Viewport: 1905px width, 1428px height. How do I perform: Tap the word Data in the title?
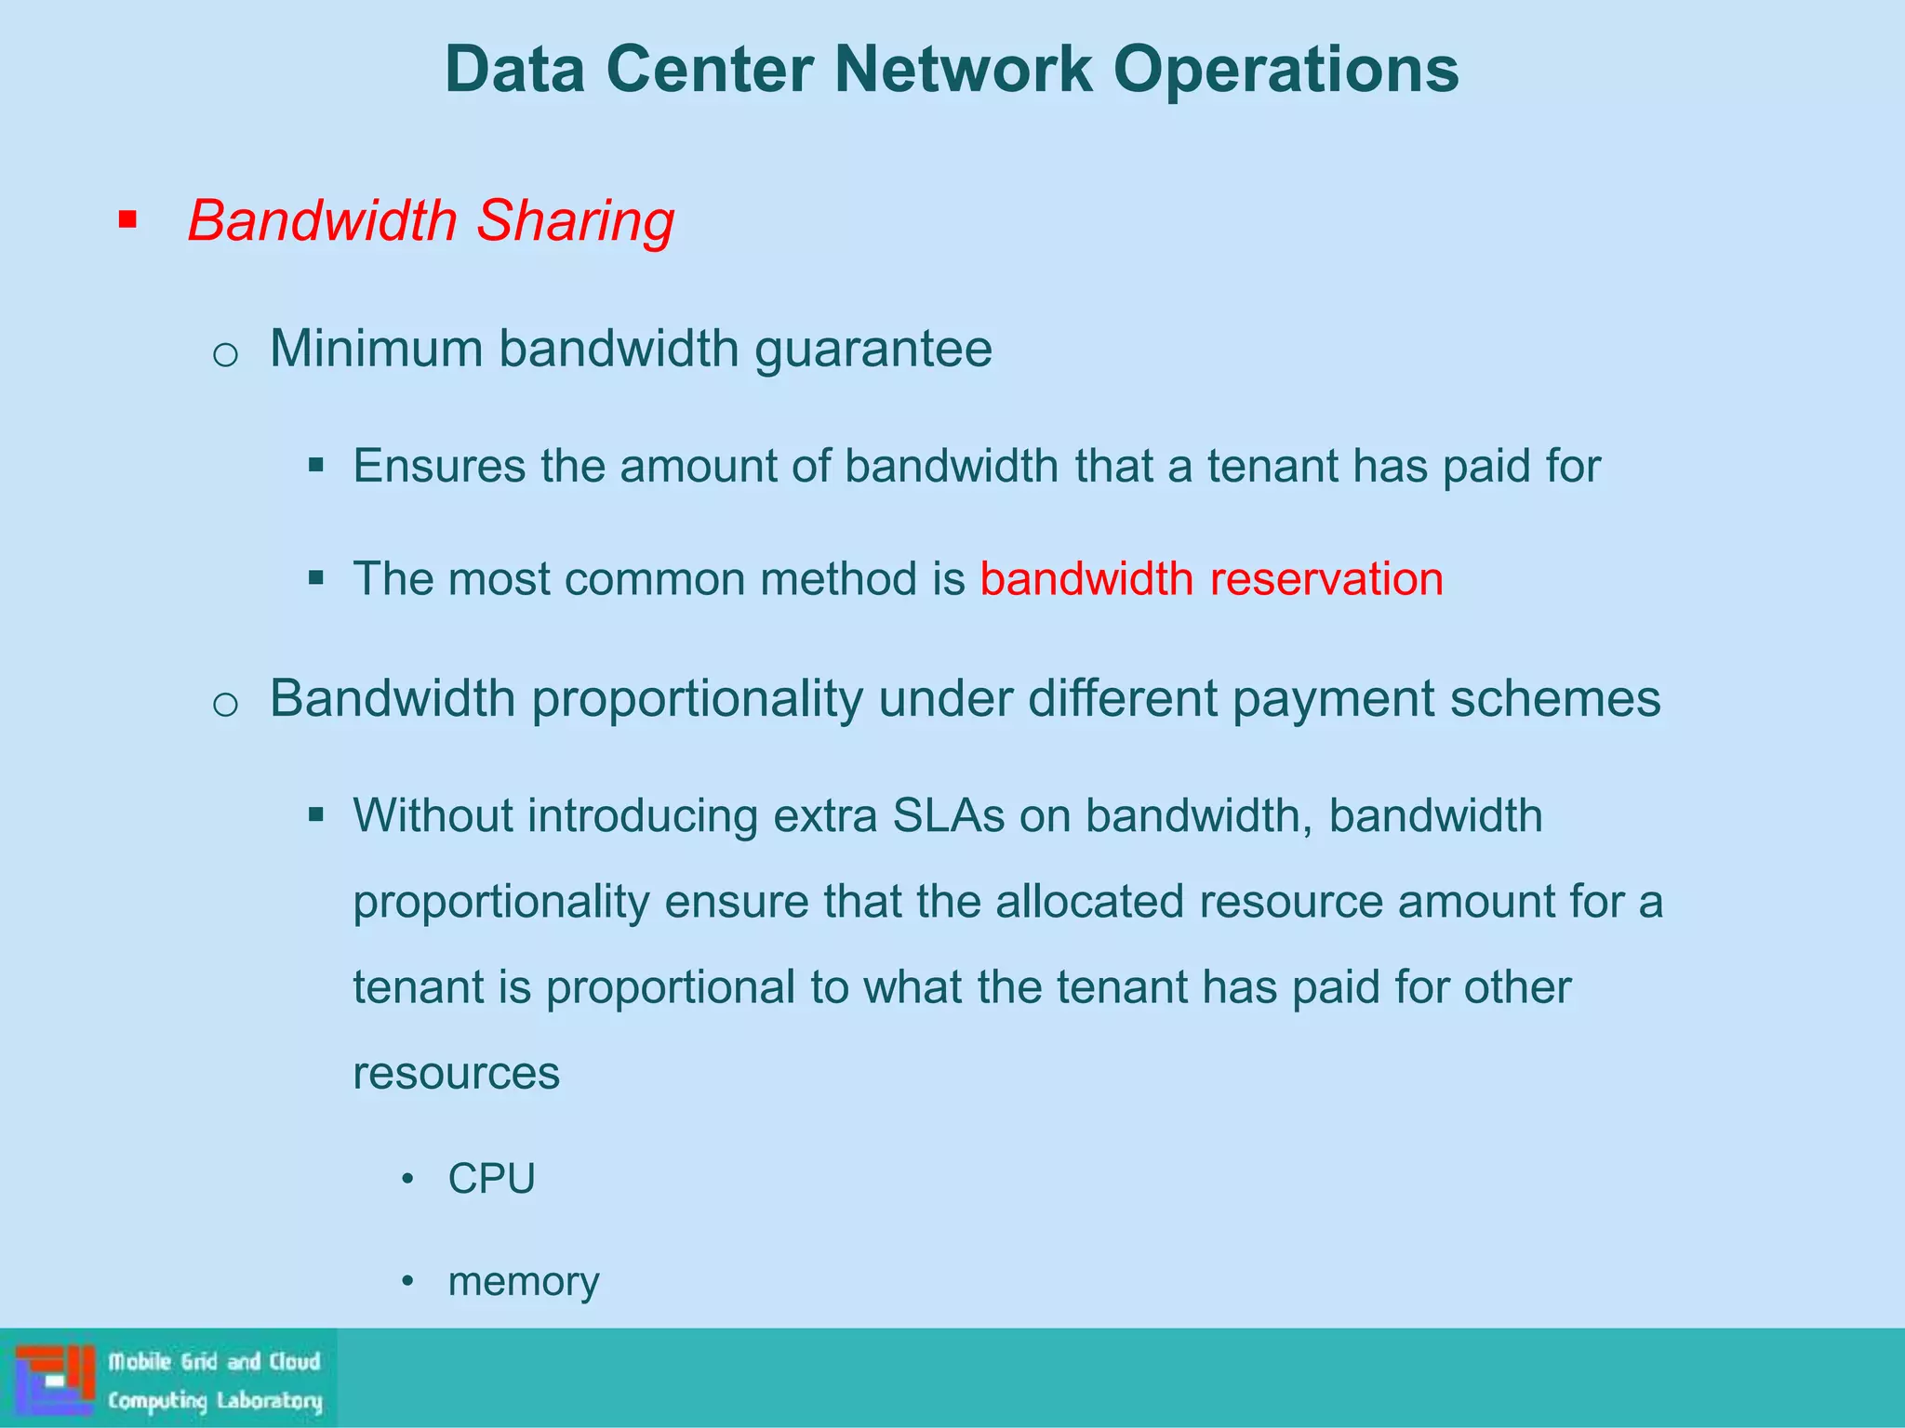tap(514, 70)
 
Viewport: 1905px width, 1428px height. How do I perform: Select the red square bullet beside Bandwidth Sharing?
tap(128, 221)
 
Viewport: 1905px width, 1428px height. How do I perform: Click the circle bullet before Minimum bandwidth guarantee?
tap(225, 355)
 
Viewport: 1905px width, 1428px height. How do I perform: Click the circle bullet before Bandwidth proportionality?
tap(225, 705)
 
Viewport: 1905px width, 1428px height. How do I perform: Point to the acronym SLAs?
tap(948, 815)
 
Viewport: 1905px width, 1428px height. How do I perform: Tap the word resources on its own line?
tap(456, 1074)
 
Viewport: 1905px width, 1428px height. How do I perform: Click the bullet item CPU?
tap(491, 1179)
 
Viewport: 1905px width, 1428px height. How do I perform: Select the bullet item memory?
tap(524, 1282)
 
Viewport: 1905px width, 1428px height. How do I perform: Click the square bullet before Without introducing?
tap(316, 815)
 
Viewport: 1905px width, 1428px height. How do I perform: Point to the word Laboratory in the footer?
tap(270, 1400)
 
